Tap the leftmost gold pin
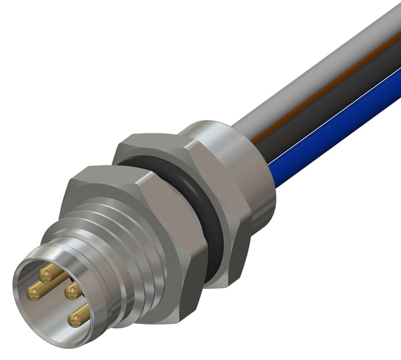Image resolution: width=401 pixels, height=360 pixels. point(33,291)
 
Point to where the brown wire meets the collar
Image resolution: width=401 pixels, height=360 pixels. point(254,137)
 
